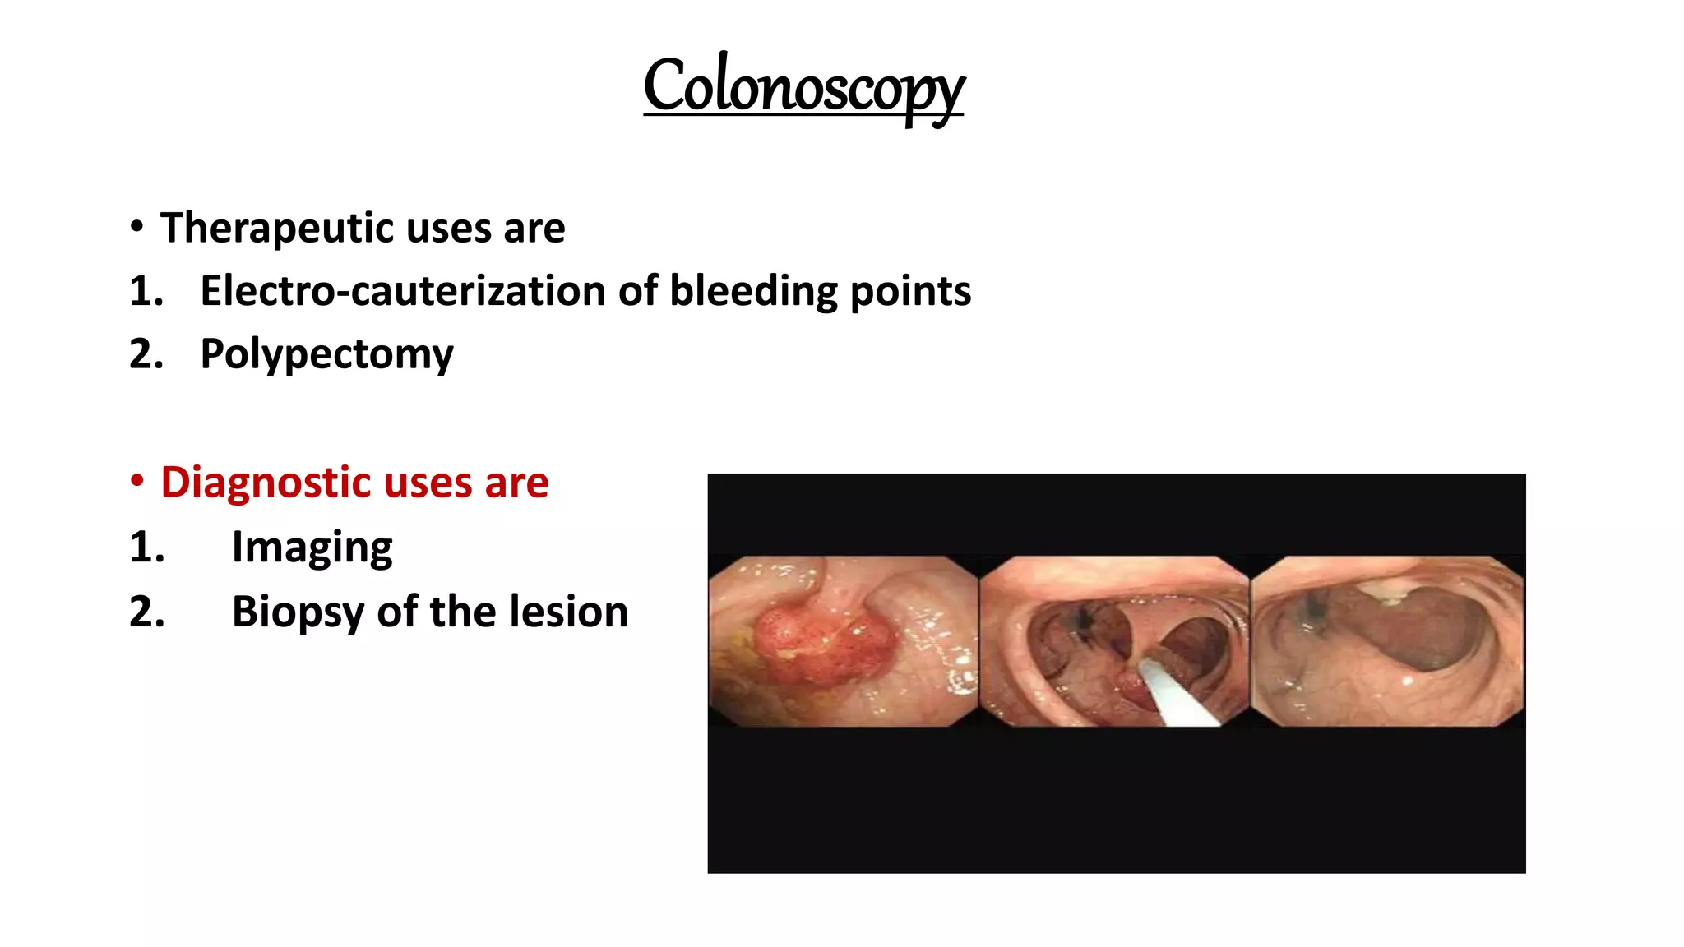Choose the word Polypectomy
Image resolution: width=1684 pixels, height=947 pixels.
point(326,355)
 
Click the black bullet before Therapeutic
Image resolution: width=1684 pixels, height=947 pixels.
point(137,226)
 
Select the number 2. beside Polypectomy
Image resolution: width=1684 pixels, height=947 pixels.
point(147,354)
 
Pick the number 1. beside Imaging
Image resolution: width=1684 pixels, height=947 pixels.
point(147,547)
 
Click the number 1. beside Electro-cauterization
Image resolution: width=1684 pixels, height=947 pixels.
point(147,292)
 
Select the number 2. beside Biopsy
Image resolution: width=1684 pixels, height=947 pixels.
point(147,612)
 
